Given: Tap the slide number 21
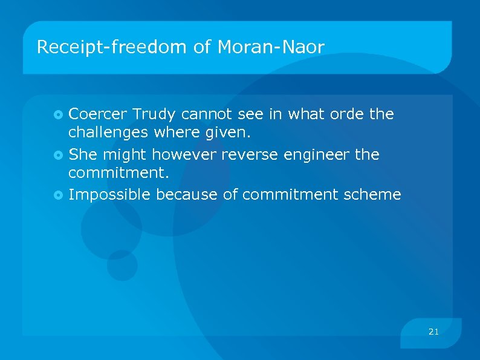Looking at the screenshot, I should pos(433,332).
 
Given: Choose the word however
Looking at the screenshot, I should pos(184,154).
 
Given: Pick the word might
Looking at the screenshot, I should pos(126,155).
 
